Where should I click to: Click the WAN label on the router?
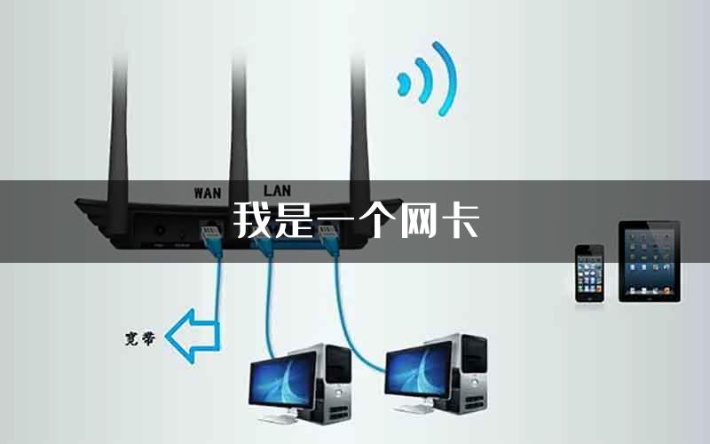click(x=208, y=193)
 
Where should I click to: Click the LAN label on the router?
click(x=277, y=190)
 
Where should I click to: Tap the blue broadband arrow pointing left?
click(x=193, y=336)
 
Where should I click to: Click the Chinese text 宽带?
click(x=140, y=338)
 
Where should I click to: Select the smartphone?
click(x=589, y=274)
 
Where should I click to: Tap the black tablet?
click(x=650, y=261)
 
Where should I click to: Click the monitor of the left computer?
click(x=283, y=380)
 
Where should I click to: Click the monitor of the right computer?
click(x=419, y=369)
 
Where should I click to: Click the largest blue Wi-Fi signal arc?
click(x=445, y=78)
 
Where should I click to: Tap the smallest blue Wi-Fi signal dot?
click(x=403, y=84)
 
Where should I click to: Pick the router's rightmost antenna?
click(x=359, y=136)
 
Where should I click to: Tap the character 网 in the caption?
click(x=418, y=220)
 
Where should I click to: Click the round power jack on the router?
click(x=160, y=230)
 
